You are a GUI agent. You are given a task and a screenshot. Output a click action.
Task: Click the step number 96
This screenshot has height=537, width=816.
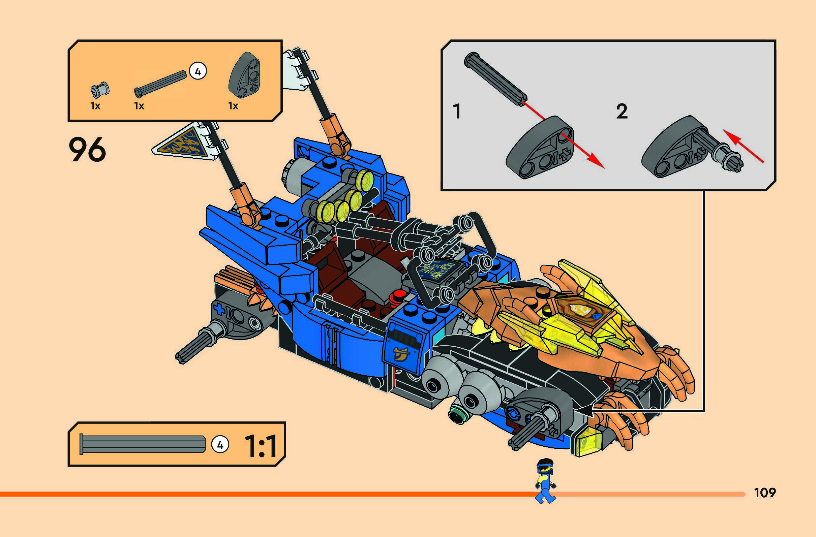pos(87,150)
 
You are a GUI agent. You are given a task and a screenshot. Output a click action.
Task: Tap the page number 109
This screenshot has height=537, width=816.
pos(764,493)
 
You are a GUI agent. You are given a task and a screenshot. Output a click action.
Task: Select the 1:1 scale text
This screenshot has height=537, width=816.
pos(260,446)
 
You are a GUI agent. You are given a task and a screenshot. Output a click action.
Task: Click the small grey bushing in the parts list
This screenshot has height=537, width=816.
pos(100,90)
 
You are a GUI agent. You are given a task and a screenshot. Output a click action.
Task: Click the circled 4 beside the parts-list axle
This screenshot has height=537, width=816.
pos(198,71)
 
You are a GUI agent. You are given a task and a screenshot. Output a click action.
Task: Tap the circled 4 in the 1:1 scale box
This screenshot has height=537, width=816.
pos(220,445)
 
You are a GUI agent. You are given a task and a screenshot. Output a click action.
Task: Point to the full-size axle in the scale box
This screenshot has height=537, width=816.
pos(142,444)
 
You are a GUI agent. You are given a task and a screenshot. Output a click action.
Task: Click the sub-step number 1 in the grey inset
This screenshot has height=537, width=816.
pos(457,112)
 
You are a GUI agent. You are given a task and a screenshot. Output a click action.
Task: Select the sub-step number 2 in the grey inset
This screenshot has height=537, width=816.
pos(622,112)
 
